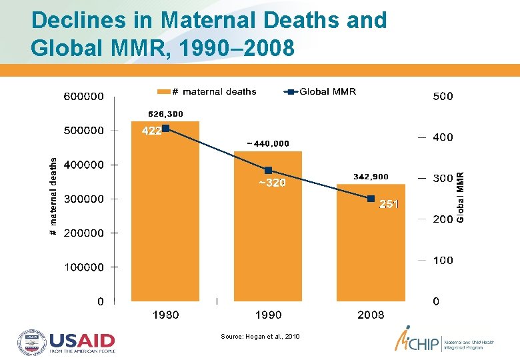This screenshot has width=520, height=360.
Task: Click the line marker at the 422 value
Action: tap(166, 128)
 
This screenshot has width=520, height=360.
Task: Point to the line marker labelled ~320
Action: tap(268, 170)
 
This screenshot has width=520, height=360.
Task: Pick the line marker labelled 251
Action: tap(371, 199)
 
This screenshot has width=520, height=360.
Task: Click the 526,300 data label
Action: tap(165, 114)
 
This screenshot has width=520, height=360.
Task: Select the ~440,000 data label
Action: tap(268, 143)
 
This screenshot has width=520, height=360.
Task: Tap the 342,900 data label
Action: tap(371, 177)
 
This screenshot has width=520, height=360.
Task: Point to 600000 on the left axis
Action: tap(83, 96)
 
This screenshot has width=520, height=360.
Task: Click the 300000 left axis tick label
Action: tap(83, 199)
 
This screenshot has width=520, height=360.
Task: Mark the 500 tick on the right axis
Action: tap(443, 96)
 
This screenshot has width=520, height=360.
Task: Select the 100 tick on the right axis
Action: tap(443, 260)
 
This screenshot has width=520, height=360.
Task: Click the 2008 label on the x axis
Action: tap(371, 315)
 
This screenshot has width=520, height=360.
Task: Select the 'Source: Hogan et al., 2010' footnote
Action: tap(261, 337)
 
